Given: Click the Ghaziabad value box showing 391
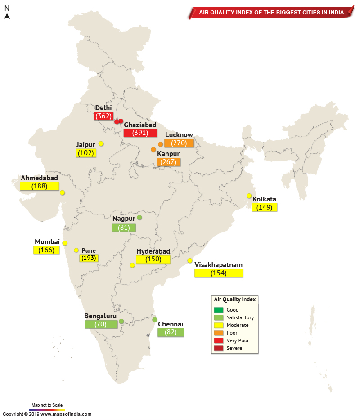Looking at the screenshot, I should pos(140,133).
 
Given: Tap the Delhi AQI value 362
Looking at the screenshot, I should pos(103,116).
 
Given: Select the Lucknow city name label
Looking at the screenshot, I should pos(179,135).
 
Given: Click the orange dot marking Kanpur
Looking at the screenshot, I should pos(153,150).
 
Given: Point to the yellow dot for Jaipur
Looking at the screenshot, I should pos(101,143).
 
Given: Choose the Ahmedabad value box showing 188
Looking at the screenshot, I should pos(40,186).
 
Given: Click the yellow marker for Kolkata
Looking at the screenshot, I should pos(249,196).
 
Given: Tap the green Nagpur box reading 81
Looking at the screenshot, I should pos(124,228).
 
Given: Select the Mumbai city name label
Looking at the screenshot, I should pos(47,242).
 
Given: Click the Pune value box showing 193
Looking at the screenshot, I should pos(89,258).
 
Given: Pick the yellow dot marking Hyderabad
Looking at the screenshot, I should pos(132,265).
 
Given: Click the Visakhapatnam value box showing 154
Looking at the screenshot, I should pos(218,273).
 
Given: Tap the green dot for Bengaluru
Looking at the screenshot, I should pos(121,322).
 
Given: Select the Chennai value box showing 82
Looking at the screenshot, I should pos(171,333).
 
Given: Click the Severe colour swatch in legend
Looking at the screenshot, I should pos(219,348).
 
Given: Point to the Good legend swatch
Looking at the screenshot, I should pos(219,310).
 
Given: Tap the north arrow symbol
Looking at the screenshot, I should pos(7,16).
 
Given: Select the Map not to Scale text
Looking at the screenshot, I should pos(47,405).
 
